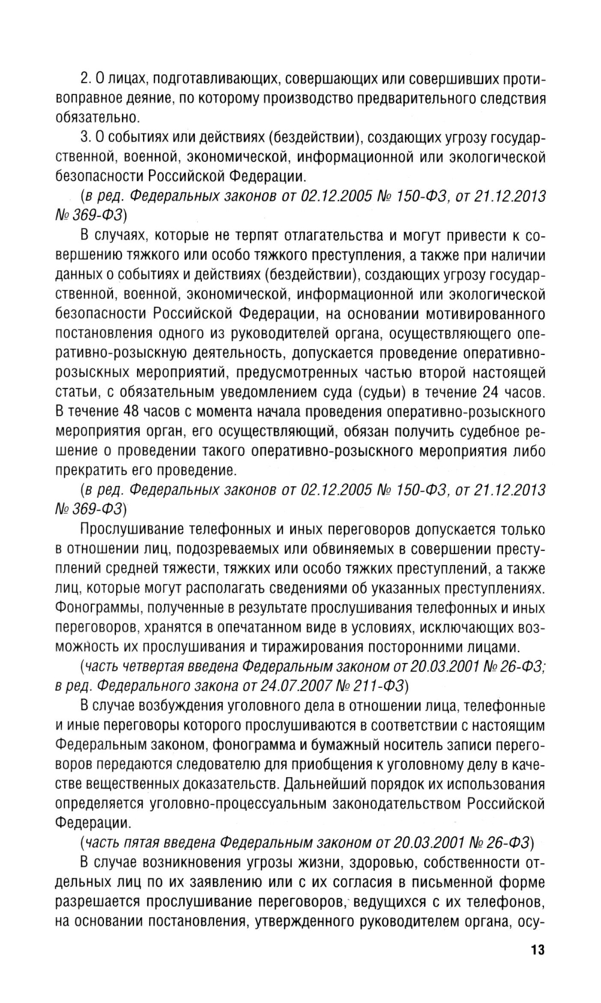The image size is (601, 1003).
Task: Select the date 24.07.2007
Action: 281,685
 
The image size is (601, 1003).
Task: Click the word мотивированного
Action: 486,314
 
